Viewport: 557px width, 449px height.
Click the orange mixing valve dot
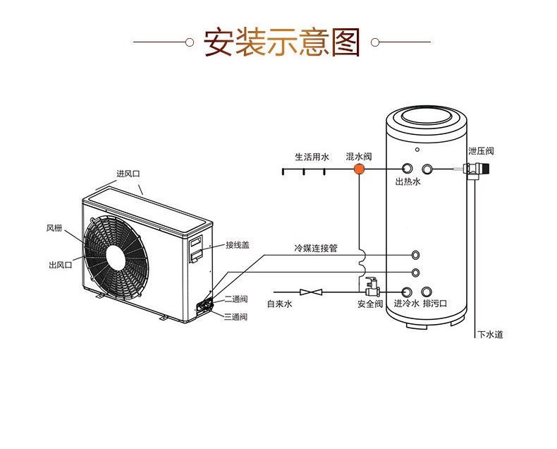tap(359, 169)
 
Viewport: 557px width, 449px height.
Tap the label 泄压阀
tap(481, 151)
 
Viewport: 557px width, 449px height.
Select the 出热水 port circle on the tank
tap(407, 168)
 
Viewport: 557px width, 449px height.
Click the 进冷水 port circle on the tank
tap(407, 292)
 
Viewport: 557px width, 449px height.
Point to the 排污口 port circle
tap(427, 292)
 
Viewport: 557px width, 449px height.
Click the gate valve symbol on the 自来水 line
tap(311, 292)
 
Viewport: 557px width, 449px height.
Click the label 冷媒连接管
tap(315, 248)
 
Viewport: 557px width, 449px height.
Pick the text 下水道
tap(490, 335)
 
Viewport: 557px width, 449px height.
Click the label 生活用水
tap(312, 157)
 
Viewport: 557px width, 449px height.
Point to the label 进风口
tap(128, 174)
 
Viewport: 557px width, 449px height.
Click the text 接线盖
tap(238, 245)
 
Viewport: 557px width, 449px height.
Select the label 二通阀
tap(236, 299)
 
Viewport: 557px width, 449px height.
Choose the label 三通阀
tap(236, 316)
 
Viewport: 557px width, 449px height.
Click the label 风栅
tap(54, 228)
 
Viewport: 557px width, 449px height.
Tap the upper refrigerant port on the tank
tap(415, 255)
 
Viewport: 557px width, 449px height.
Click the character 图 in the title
tap(345, 42)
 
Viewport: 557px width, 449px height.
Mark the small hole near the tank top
tap(417, 150)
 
